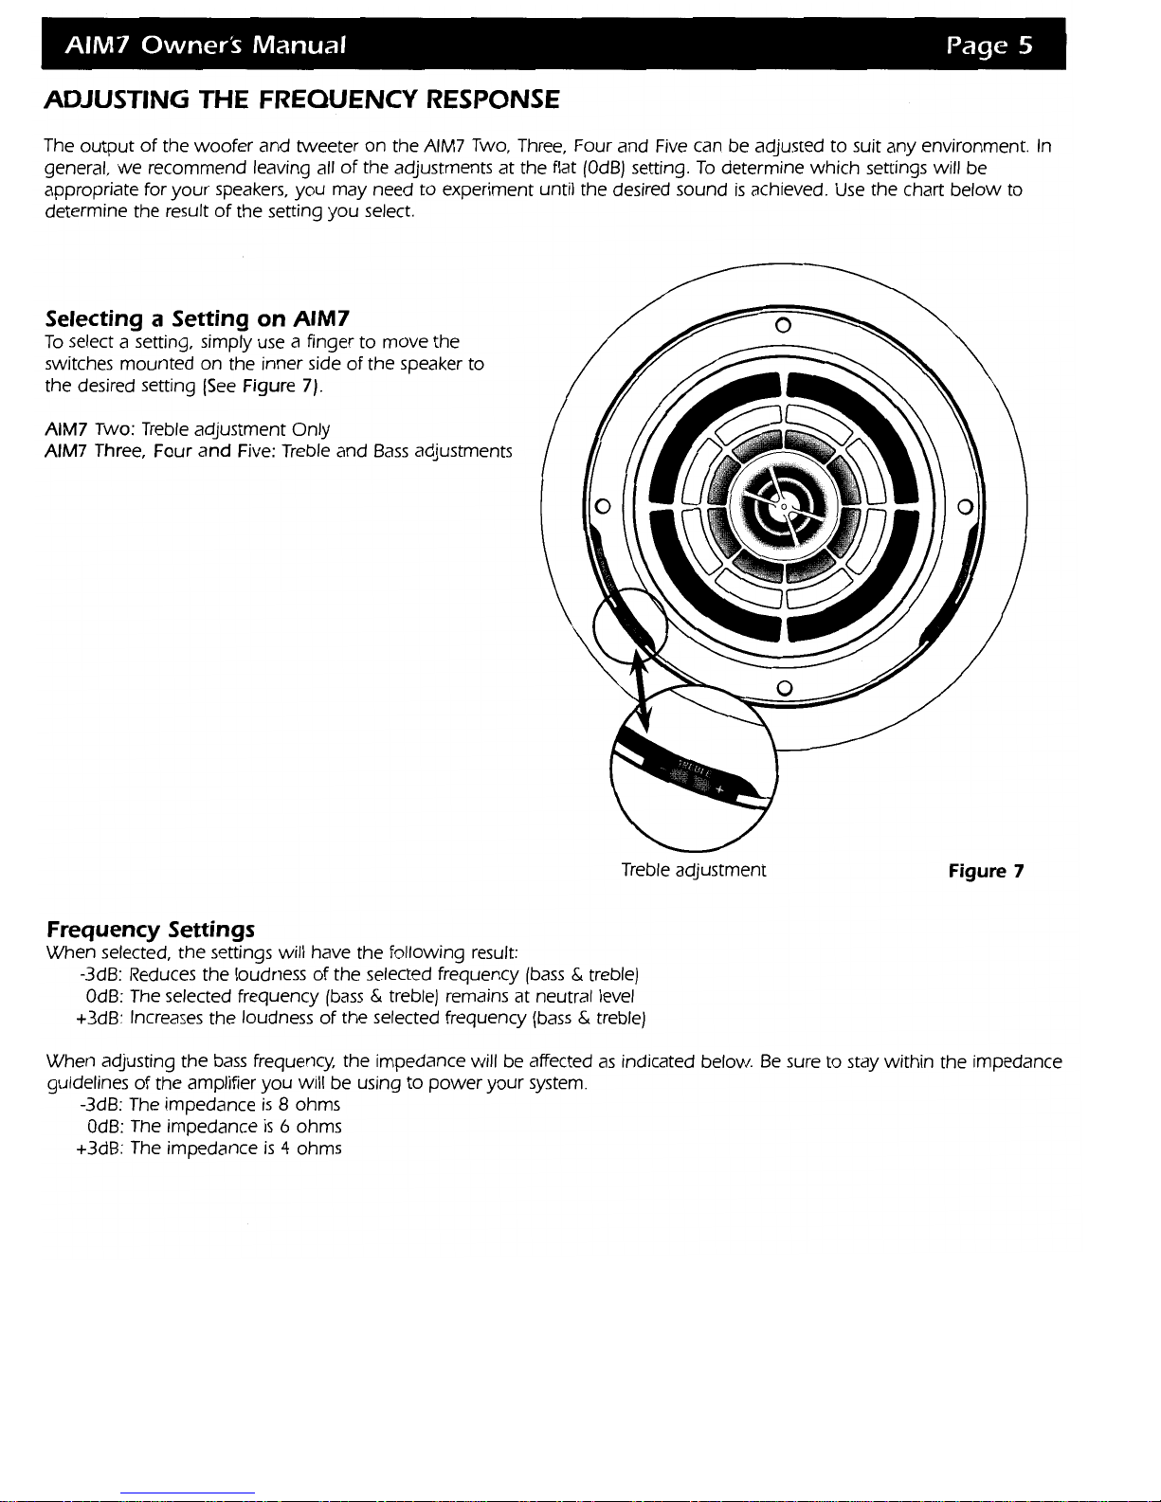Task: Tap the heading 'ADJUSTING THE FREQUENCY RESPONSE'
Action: click(302, 99)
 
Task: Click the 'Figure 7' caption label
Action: click(986, 871)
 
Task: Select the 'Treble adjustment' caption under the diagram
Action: click(693, 870)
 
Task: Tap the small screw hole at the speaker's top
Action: click(784, 328)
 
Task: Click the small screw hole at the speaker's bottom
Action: click(784, 685)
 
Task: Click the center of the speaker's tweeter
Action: click(784, 507)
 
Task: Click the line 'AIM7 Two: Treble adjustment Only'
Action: click(188, 430)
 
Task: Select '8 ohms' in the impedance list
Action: click(305, 1105)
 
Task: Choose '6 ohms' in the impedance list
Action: click(307, 1127)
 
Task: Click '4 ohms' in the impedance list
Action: click(307, 1149)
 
